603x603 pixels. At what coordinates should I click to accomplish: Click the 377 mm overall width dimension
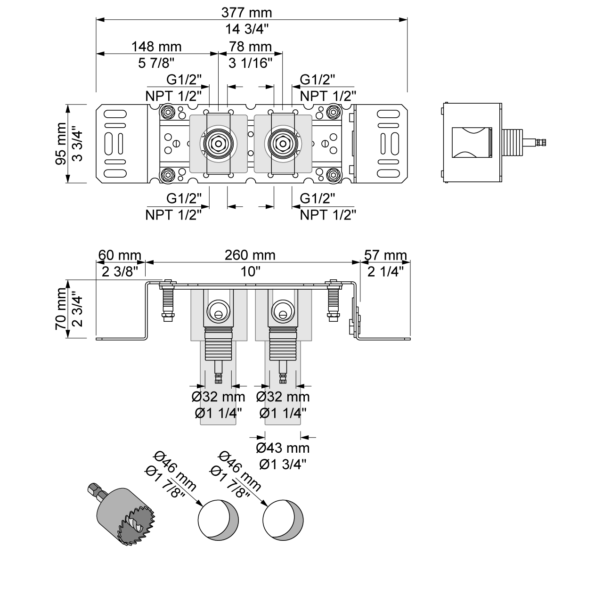click(247, 13)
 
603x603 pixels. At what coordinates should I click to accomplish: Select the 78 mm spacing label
click(250, 46)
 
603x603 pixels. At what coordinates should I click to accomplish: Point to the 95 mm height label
click(61, 143)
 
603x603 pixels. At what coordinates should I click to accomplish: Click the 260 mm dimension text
click(250, 255)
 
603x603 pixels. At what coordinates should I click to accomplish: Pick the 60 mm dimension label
click(119, 255)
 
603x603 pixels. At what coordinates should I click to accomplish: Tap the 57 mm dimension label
click(385, 255)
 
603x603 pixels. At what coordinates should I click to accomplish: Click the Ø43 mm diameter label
click(283, 448)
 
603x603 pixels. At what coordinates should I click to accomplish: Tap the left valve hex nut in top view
click(218, 142)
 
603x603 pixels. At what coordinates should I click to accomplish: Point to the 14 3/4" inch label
click(247, 29)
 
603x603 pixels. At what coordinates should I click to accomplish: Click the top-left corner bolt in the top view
click(167, 113)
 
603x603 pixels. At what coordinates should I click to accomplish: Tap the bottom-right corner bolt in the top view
click(333, 174)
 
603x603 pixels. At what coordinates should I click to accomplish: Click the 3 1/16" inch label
click(250, 63)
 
